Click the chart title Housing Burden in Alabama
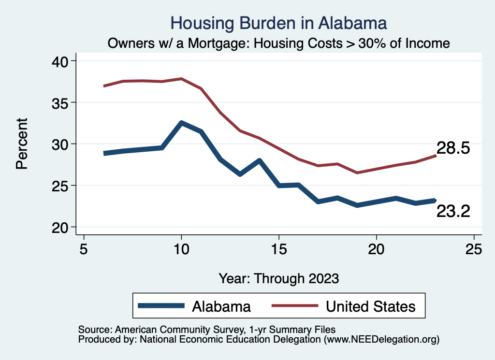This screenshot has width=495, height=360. (279, 23)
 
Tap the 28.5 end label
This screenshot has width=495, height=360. (453, 148)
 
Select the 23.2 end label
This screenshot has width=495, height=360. (453, 211)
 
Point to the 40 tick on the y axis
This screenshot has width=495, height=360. (60, 61)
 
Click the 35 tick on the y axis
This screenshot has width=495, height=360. (60, 103)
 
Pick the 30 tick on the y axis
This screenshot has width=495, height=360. (60, 144)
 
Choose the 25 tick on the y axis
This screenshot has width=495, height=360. (60, 186)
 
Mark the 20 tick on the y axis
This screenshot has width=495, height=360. (60, 228)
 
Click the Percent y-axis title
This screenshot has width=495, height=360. (22, 144)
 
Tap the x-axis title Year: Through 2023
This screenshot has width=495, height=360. (279, 278)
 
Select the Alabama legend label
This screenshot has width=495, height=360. (221, 306)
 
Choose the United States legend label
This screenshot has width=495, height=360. (370, 306)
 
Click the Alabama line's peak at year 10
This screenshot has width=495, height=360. (181, 123)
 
